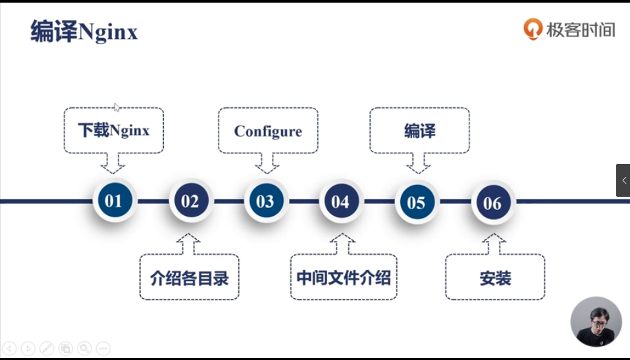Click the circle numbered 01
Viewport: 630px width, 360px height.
click(113, 201)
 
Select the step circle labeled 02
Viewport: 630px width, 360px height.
click(190, 201)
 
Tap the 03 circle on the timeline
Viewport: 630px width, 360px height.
click(265, 201)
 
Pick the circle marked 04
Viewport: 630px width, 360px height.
click(340, 201)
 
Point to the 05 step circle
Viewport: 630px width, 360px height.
click(416, 202)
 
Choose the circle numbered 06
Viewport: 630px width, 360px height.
click(492, 203)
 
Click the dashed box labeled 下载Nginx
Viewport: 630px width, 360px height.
click(114, 130)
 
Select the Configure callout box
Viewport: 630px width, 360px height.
click(268, 130)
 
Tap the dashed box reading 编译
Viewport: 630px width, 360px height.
click(419, 130)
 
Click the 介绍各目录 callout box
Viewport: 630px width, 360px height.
click(190, 278)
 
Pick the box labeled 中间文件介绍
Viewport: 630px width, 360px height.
click(344, 278)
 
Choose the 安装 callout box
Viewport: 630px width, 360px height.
click(495, 278)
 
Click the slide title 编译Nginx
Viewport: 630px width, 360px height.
click(84, 32)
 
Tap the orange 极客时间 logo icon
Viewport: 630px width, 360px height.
click(532, 29)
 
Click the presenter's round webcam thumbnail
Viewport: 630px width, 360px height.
click(596, 321)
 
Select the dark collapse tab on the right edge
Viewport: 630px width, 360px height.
click(623, 180)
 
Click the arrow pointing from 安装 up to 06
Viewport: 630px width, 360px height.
click(493, 244)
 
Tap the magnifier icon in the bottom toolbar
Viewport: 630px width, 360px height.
click(84, 348)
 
